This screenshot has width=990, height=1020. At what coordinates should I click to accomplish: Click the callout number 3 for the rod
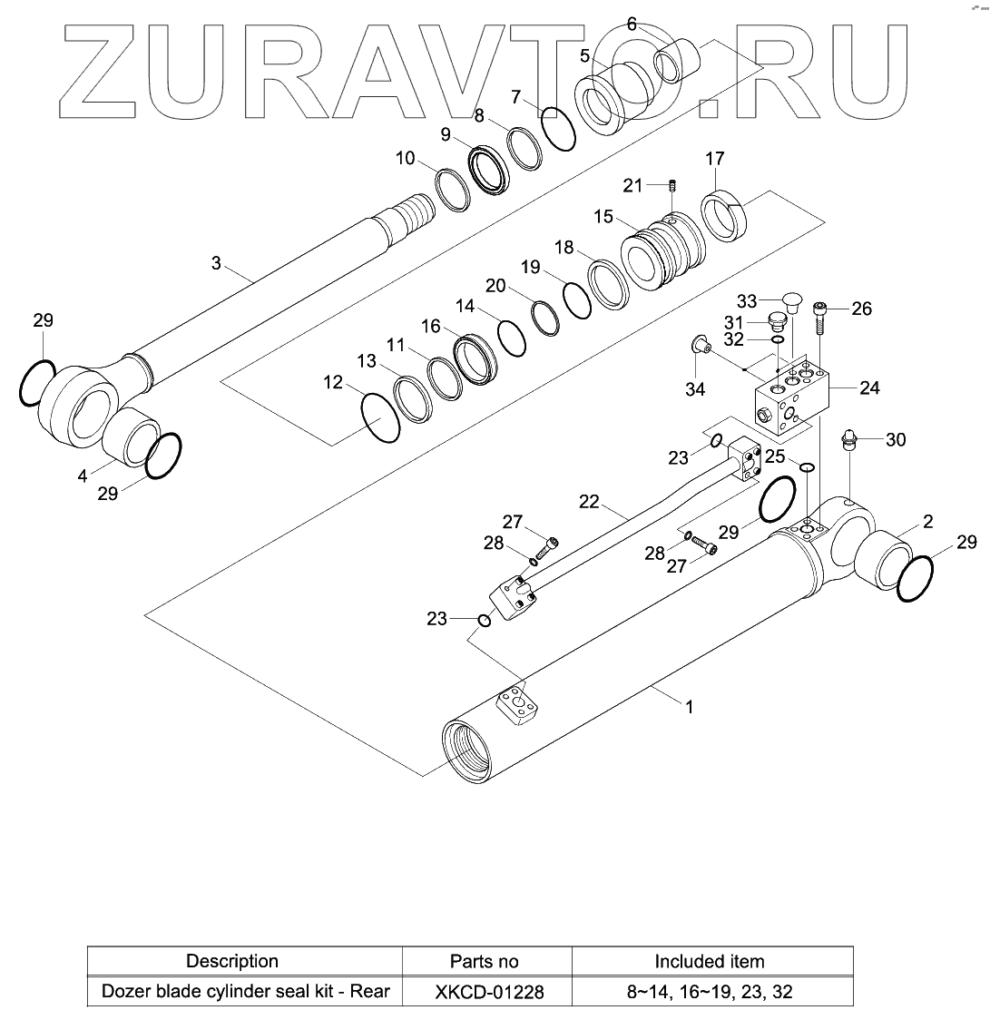pos(216,263)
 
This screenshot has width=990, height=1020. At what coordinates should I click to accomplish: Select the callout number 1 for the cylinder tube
pos(689,707)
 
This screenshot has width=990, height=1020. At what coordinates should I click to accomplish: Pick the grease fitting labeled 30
pos(849,440)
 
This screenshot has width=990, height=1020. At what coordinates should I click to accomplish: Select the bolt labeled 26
pos(820,317)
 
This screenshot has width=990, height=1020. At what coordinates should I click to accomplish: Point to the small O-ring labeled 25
pos(805,466)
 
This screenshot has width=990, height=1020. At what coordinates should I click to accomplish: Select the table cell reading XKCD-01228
pos(485,991)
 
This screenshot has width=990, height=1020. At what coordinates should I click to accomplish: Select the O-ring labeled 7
pos(558,127)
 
